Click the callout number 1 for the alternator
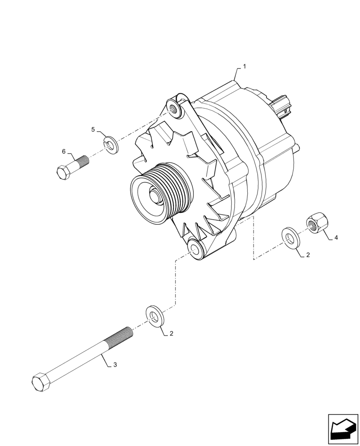tap(244, 66)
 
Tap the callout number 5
tap(93, 130)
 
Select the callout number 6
tap(64, 152)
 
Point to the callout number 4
tap(336, 238)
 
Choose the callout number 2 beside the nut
tap(307, 256)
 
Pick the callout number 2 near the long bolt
tap(171, 333)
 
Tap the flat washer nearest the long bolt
tap(154, 316)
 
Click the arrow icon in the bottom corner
tap(343, 429)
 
